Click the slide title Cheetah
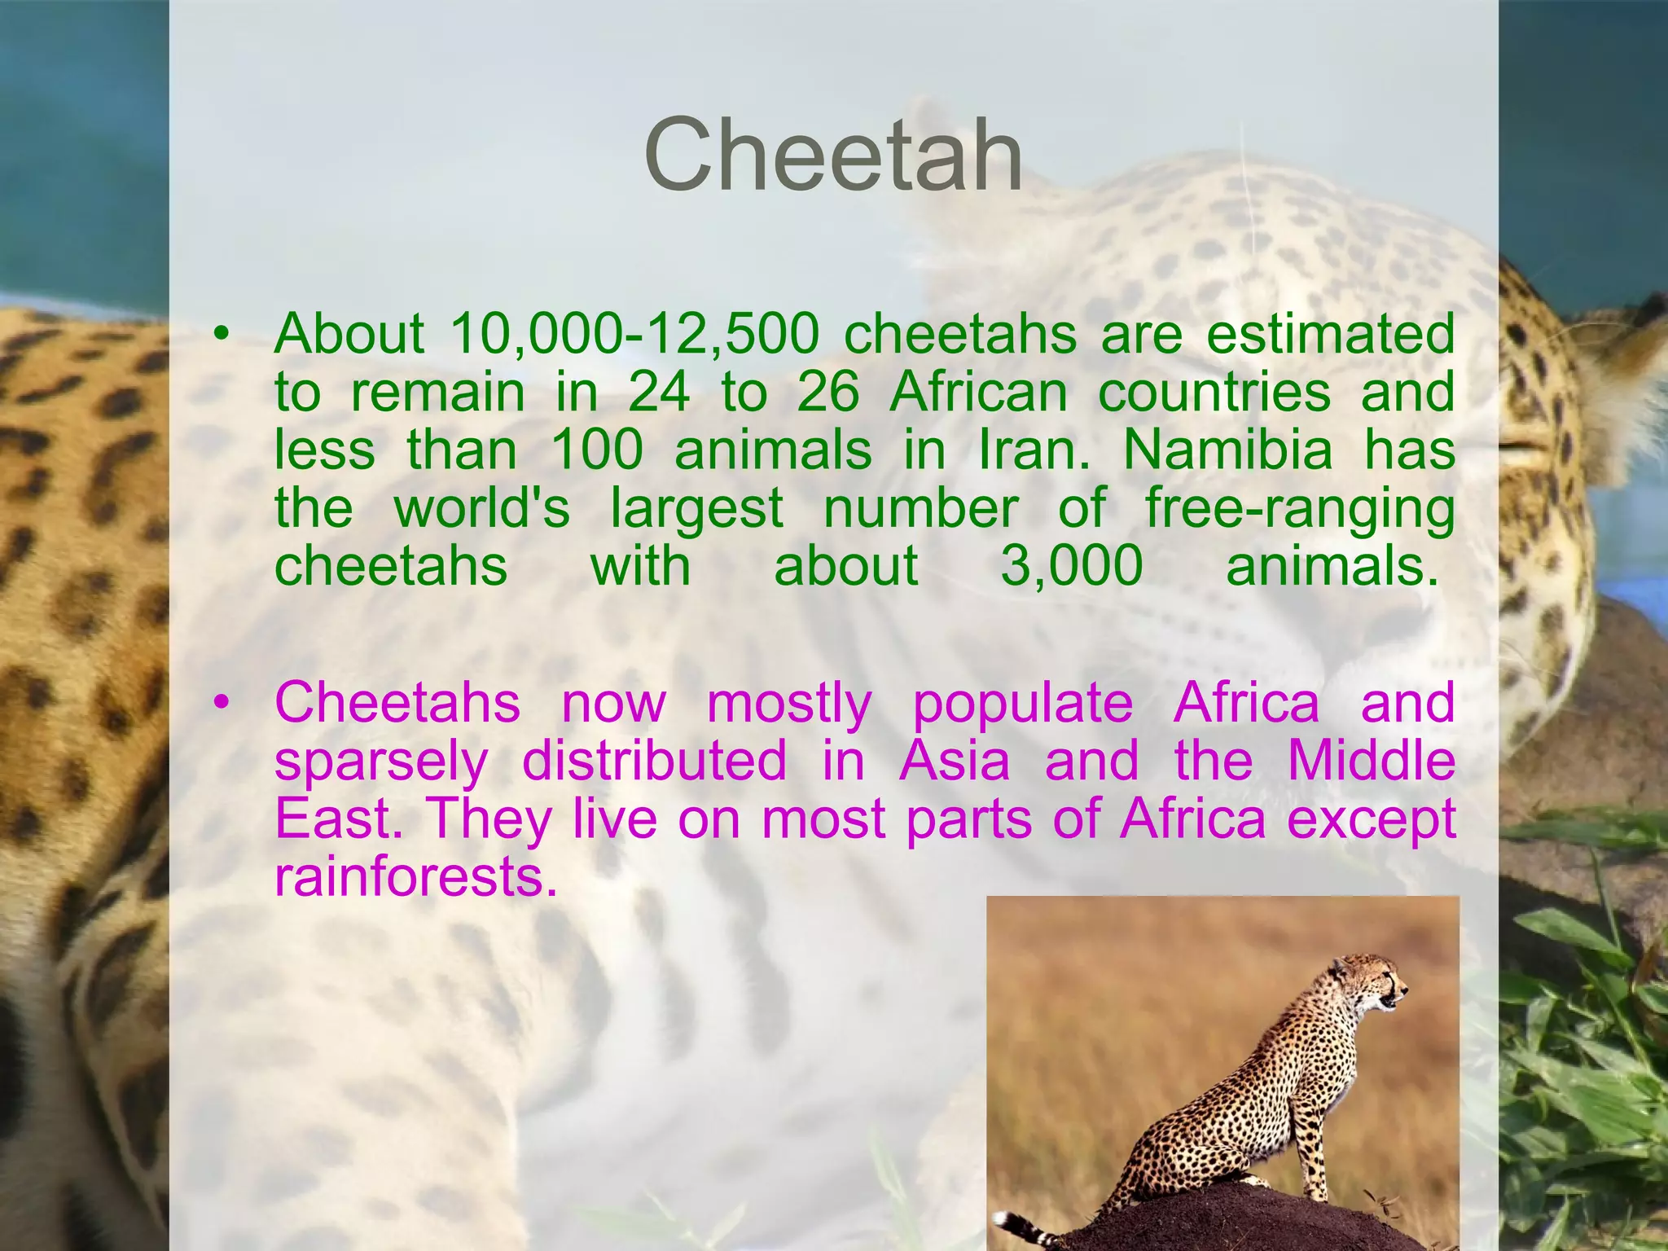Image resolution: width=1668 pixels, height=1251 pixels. (x=832, y=154)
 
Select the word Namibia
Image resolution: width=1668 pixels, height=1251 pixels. (x=1228, y=450)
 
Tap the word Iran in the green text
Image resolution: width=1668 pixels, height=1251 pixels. (x=1033, y=450)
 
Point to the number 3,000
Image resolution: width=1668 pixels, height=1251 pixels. (x=1072, y=566)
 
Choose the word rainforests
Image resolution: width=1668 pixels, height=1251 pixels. (x=415, y=877)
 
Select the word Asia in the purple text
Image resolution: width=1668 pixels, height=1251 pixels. (x=955, y=761)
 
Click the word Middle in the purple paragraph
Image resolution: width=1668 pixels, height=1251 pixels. (x=1372, y=761)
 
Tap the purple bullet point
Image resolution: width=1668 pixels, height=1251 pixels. (x=221, y=703)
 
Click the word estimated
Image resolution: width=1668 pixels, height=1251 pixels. (x=1330, y=334)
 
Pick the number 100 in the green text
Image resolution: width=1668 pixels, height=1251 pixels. (x=597, y=450)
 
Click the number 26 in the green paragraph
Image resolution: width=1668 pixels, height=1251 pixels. (x=827, y=393)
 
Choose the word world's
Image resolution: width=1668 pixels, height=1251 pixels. (x=482, y=508)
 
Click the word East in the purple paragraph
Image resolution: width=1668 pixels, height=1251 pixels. (x=334, y=819)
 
